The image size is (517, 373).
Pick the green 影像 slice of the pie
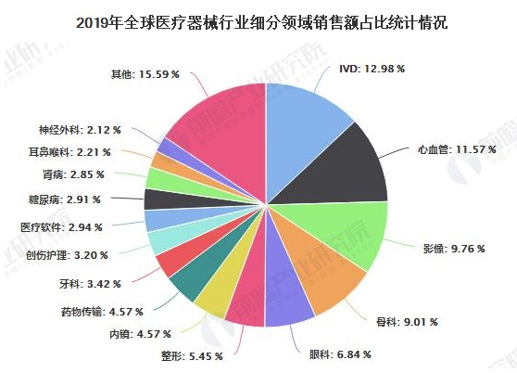[352, 232]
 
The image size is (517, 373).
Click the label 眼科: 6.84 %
[331, 354]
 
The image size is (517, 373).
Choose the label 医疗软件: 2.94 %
[66, 225]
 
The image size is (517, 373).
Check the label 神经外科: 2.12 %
[74, 130]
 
